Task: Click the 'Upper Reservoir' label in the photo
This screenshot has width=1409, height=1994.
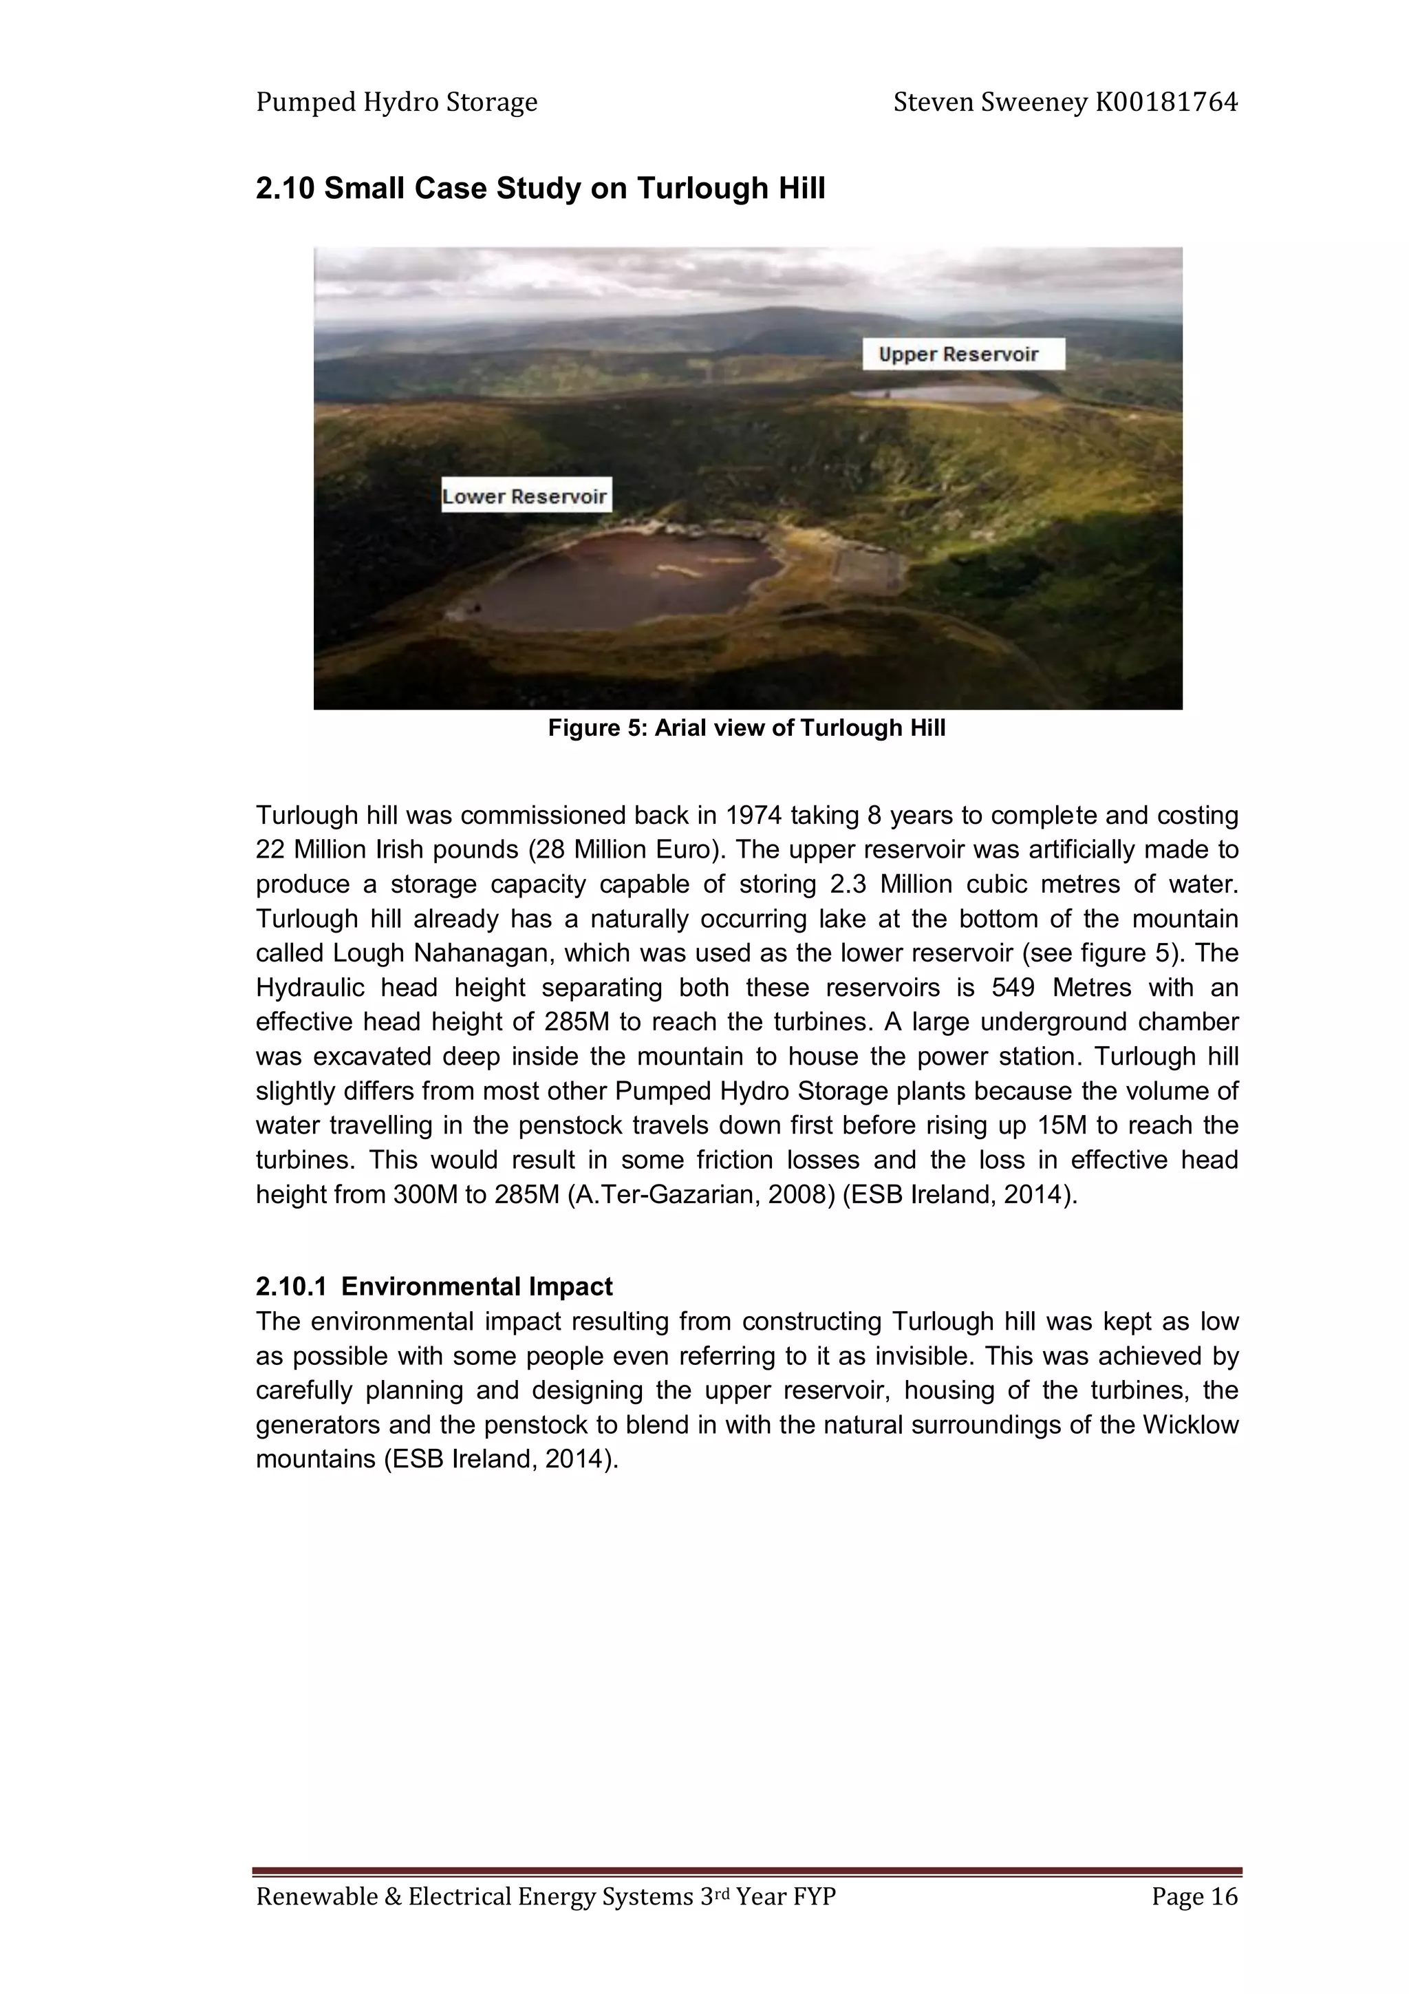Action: (x=962, y=354)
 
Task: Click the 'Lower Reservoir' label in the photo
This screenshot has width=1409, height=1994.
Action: (x=525, y=496)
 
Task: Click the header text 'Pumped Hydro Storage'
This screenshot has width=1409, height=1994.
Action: (x=397, y=103)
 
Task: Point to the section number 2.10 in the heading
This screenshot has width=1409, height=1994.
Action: (x=285, y=189)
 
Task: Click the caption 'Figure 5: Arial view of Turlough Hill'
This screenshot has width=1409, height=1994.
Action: (x=746, y=728)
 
